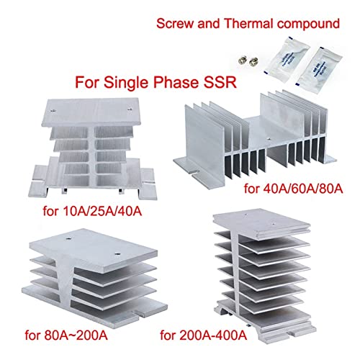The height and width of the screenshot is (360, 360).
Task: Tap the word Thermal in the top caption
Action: point(249,24)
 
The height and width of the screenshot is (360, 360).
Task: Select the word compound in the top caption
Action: point(308,24)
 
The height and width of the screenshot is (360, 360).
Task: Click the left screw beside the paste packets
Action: point(243,60)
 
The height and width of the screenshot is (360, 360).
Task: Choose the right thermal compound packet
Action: point(318,66)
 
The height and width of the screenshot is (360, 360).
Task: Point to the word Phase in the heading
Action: point(176,82)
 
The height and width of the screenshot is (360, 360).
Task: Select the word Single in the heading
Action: point(126,83)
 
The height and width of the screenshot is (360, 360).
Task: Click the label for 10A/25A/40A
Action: point(92,212)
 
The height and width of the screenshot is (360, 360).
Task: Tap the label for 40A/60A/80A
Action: point(293,189)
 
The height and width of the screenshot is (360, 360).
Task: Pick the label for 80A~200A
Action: point(66,336)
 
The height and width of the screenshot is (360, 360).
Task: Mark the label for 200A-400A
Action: point(204,335)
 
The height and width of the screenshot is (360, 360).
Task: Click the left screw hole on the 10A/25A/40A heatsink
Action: point(53,110)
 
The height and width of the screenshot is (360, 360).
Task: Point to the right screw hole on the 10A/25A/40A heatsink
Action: point(130,109)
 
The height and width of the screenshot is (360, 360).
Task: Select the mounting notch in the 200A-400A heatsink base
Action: point(293,333)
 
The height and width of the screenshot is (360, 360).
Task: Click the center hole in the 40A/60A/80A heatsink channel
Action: point(269,138)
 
